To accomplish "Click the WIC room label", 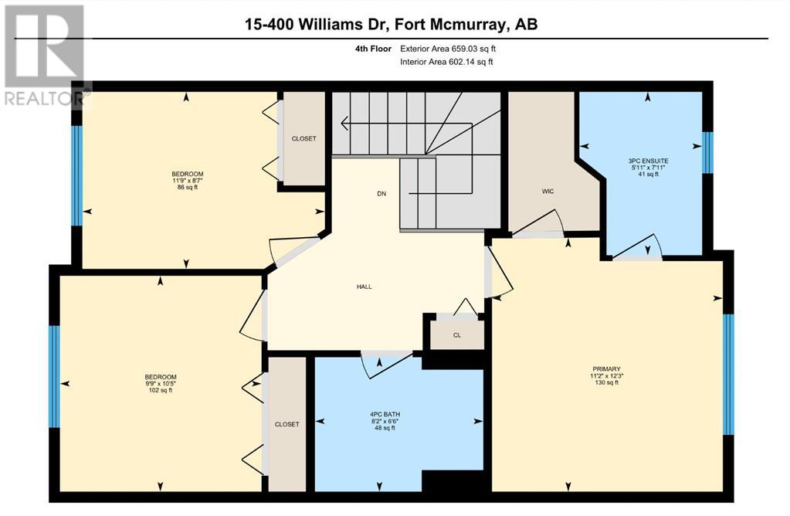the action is (548, 191).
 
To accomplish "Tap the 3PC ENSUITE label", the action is (647, 161).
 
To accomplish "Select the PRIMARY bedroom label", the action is (606, 369).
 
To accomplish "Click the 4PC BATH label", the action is (385, 415).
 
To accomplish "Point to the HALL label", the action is (364, 287).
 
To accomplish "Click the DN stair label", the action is (381, 193).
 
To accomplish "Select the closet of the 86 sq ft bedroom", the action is (303, 138).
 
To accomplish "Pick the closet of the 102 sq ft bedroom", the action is (287, 424).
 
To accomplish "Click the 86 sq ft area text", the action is (188, 187).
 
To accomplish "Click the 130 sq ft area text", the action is (606, 382).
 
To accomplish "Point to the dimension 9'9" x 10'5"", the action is (160, 383).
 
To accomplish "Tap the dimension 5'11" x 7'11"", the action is (647, 168).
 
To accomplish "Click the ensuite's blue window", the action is (708, 153).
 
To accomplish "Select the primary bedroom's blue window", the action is (728, 375).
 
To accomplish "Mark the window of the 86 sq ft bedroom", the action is (76, 175).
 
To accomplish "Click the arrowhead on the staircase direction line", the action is (344, 123).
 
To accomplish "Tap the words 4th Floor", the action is (373, 49).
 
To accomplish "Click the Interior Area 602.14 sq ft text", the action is (446, 62).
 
